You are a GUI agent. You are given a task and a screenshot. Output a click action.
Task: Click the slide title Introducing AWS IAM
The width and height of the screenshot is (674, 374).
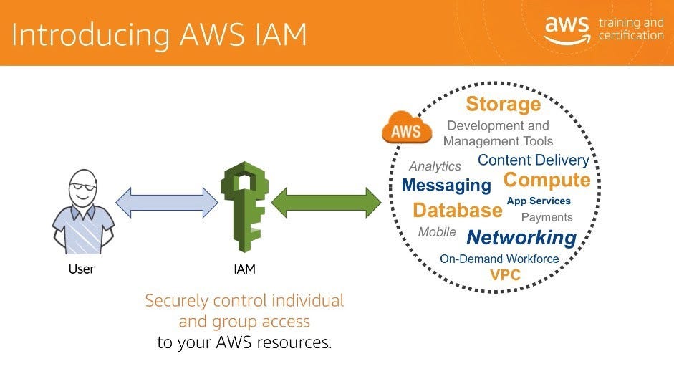click(x=159, y=34)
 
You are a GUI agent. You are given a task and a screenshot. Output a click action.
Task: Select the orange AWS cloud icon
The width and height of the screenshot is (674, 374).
click(x=407, y=130)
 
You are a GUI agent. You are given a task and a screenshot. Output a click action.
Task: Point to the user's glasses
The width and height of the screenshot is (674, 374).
click(x=84, y=186)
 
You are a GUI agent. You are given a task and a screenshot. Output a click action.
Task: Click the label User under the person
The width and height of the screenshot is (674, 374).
click(x=81, y=269)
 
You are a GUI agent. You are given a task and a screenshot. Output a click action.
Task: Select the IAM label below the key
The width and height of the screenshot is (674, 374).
click(x=244, y=269)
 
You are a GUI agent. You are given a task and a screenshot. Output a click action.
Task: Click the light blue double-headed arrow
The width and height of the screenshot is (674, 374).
click(x=167, y=203)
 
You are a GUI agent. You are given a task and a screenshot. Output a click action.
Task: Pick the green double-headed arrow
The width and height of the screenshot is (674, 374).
click(x=325, y=203)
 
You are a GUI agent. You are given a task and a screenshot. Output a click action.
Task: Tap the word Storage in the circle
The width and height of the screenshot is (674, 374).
click(x=504, y=105)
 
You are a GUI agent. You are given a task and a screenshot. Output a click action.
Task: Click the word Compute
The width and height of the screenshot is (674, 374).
click(x=547, y=180)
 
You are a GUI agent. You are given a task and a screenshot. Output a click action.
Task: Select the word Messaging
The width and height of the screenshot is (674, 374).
click(x=446, y=186)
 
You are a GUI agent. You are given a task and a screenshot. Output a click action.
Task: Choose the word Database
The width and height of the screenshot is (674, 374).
click(x=457, y=211)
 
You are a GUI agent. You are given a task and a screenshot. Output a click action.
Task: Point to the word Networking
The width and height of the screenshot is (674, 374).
click(x=521, y=237)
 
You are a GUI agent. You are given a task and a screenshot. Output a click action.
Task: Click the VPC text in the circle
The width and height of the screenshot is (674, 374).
click(x=505, y=275)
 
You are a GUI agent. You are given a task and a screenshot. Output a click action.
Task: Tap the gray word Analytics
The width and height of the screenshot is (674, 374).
click(x=435, y=166)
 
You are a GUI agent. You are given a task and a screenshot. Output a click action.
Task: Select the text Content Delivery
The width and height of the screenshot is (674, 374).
click(x=533, y=160)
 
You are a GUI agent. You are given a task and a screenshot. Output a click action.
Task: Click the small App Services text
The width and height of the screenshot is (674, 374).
click(x=539, y=201)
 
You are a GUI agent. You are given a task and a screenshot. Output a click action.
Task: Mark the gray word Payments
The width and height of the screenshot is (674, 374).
click(x=547, y=217)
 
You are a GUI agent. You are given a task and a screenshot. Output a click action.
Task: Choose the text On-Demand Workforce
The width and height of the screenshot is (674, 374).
click(x=499, y=259)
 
